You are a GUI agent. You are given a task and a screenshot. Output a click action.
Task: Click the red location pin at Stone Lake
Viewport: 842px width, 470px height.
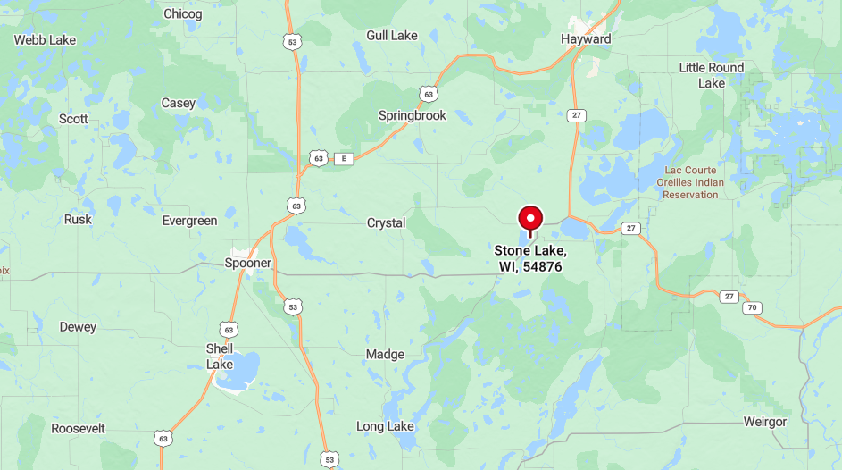click(x=530, y=218)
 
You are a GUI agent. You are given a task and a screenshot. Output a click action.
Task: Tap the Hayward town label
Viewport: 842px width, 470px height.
click(x=586, y=39)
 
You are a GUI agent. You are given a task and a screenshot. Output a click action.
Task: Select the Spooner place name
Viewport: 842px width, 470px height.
click(x=247, y=264)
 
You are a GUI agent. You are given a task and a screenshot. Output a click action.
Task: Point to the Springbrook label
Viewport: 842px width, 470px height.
click(x=412, y=115)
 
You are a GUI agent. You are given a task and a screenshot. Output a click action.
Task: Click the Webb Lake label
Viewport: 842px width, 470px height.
click(x=45, y=40)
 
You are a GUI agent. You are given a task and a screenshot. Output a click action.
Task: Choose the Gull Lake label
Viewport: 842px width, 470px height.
click(x=391, y=36)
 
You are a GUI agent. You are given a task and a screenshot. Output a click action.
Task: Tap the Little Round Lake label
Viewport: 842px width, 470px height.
click(x=712, y=75)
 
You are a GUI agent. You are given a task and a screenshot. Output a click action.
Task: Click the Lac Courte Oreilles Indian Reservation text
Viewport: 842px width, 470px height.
click(x=692, y=182)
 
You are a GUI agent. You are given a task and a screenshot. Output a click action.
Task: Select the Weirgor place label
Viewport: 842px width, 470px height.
click(x=765, y=422)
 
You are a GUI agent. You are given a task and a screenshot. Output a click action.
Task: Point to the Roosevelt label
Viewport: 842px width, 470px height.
click(x=78, y=429)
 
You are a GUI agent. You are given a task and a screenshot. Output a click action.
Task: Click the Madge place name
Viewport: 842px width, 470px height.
click(x=385, y=355)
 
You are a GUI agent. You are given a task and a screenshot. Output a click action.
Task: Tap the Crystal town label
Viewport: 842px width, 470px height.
click(x=386, y=223)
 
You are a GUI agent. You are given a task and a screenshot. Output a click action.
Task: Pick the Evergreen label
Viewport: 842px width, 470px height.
click(x=189, y=221)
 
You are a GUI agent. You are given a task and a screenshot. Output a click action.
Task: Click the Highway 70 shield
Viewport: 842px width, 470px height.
click(x=753, y=308)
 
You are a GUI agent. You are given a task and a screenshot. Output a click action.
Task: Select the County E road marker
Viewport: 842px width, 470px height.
click(x=344, y=159)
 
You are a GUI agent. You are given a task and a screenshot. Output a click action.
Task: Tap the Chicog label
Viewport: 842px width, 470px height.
click(x=182, y=14)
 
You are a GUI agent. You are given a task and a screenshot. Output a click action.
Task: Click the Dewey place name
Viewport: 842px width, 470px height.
click(x=78, y=327)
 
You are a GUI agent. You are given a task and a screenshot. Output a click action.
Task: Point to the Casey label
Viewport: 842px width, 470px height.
click(x=178, y=104)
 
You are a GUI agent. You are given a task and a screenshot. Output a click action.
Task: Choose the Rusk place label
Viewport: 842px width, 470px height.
click(x=78, y=220)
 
